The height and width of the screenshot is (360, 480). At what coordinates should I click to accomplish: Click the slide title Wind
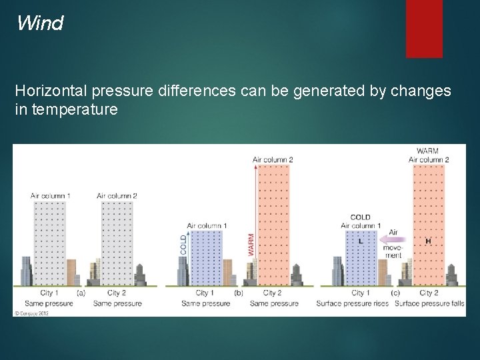(x=40, y=24)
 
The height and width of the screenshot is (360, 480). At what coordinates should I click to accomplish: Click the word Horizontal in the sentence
(x=51, y=91)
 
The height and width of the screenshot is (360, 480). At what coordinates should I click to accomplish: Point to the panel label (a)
(x=81, y=293)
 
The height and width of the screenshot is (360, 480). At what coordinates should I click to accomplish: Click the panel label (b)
(x=238, y=293)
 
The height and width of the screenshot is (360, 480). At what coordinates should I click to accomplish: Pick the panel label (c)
(x=395, y=293)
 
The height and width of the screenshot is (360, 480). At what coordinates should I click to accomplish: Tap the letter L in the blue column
(x=361, y=241)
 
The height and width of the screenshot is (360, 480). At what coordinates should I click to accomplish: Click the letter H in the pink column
(x=427, y=241)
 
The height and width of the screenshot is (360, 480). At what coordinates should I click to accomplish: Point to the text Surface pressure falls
(x=429, y=303)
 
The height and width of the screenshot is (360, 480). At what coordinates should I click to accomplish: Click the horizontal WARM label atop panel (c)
(x=427, y=151)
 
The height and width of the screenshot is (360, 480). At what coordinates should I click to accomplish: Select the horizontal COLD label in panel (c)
(x=360, y=217)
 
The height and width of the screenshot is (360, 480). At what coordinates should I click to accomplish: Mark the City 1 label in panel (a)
(x=50, y=293)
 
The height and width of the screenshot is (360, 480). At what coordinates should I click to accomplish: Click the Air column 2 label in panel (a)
(x=117, y=195)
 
